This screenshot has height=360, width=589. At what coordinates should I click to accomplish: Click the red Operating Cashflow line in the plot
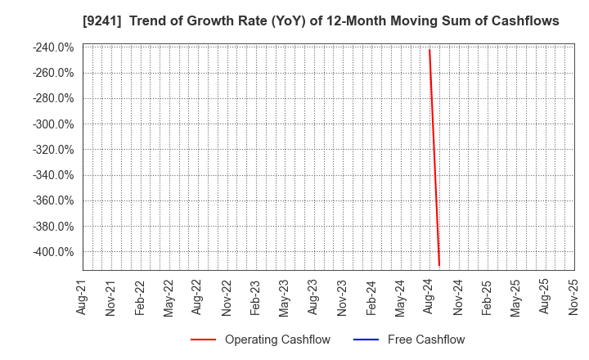coord(434,155)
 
